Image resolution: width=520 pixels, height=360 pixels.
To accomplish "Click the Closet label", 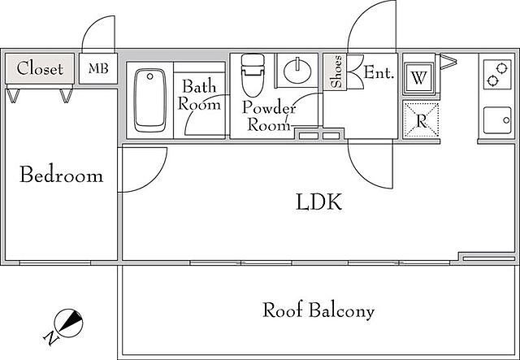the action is [x=40, y=69].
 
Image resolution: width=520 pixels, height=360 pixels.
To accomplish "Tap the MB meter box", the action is [x=98, y=68].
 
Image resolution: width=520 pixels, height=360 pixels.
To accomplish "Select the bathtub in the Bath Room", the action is [x=149, y=100].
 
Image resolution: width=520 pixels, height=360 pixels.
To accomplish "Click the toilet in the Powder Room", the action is [x=253, y=76].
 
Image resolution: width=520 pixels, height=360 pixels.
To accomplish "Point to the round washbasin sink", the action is [x=297, y=71].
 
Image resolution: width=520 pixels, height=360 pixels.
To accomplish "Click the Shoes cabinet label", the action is [x=336, y=72].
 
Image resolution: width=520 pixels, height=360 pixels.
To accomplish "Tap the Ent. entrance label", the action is [x=379, y=72].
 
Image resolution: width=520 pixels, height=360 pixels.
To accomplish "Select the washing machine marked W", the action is [x=419, y=78].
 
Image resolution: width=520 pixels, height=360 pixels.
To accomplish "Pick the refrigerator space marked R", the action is [x=422, y=120].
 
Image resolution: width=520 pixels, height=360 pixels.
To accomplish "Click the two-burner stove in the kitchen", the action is [x=497, y=74].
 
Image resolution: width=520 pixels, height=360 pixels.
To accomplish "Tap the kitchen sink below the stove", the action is [x=497, y=120].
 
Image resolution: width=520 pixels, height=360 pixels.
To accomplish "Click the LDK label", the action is [x=318, y=202].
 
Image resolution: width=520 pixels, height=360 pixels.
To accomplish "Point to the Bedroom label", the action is [x=62, y=175].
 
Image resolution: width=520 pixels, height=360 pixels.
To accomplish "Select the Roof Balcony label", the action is [x=318, y=310].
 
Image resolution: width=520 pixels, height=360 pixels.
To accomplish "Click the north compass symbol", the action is [x=68, y=323].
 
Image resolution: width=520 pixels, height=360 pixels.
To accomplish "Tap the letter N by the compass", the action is [x=50, y=338].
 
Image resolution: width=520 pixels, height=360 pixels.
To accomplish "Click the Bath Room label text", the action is [x=199, y=95].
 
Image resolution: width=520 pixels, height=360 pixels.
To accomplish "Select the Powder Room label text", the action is [x=269, y=115].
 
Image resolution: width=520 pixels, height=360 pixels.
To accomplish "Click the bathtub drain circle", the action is [x=149, y=76].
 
